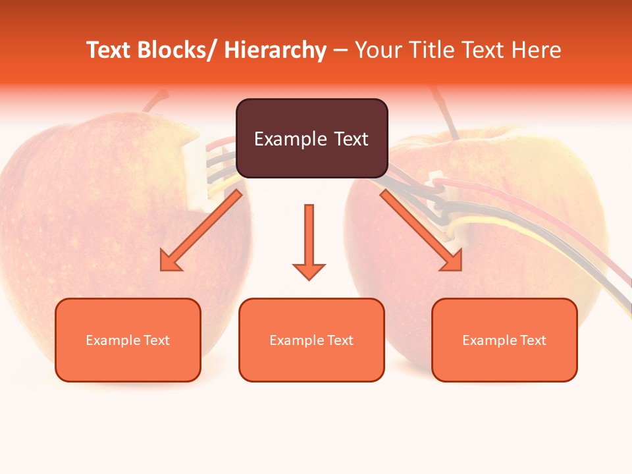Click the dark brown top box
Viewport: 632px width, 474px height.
(x=311, y=138)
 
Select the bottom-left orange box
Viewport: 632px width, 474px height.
(x=128, y=340)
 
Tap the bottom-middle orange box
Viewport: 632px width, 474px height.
(x=311, y=340)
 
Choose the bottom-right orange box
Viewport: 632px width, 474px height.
(x=504, y=340)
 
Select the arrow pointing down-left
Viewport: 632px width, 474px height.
(x=201, y=230)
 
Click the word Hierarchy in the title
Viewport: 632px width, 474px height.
(x=275, y=50)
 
